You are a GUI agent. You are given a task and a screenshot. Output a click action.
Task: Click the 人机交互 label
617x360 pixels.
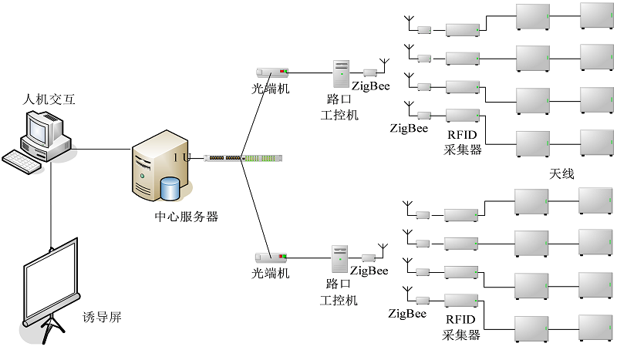(x=50, y=99)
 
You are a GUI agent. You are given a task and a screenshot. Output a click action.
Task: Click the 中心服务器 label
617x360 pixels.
(x=186, y=217)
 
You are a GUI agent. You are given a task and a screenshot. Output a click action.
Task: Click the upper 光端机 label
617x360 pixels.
(x=271, y=89)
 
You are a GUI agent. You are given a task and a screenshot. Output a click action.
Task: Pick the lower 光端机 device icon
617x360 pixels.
(x=271, y=256)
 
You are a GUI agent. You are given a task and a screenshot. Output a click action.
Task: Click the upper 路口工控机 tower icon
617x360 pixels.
(x=341, y=74)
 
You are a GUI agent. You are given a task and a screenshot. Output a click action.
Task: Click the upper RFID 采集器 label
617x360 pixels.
(x=463, y=143)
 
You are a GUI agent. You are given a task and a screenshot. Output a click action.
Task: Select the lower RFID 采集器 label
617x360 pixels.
(x=462, y=328)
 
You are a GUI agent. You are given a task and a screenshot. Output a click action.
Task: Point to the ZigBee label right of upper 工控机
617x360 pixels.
(x=370, y=85)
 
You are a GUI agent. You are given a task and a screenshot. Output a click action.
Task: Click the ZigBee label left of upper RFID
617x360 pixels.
(x=409, y=128)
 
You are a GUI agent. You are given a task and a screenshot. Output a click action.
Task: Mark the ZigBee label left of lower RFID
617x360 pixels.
(x=407, y=314)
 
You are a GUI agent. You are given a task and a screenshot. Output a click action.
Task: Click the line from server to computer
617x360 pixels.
(x=100, y=150)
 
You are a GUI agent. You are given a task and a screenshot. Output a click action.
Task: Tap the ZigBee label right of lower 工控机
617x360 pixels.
(x=369, y=271)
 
